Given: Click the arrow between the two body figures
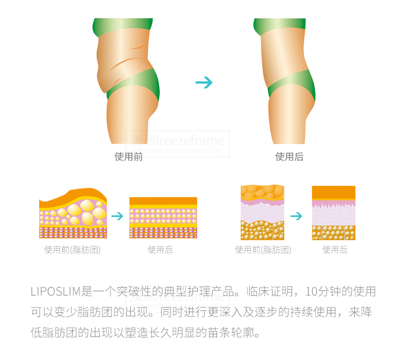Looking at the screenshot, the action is pos(204,82).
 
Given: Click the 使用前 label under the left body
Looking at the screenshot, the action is pos(129,157).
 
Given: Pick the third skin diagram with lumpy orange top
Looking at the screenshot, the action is pos(262,213).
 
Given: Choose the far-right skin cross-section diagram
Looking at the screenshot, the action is pos(334,213).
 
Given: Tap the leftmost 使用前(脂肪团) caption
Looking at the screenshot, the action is pos(72,250).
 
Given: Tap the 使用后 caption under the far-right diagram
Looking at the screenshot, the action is pos(334,250).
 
